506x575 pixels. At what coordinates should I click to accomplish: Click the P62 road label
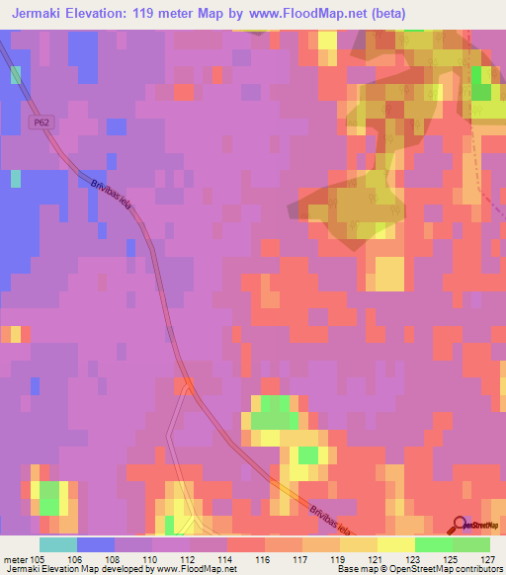(x=39, y=123)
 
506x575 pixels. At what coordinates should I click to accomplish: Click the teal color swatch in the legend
(x=58, y=544)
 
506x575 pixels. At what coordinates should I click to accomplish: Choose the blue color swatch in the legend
(x=96, y=544)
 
